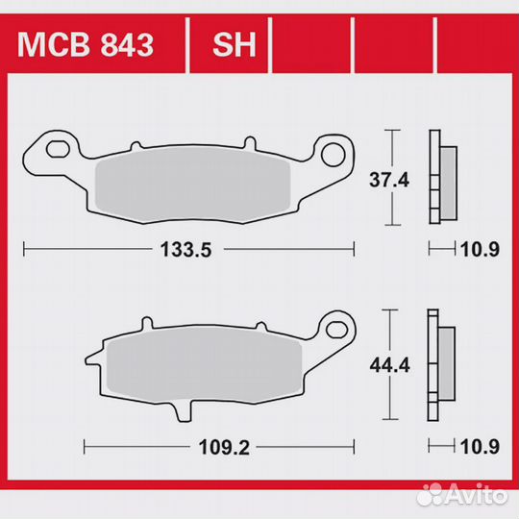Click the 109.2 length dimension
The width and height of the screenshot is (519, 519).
[217, 447]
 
